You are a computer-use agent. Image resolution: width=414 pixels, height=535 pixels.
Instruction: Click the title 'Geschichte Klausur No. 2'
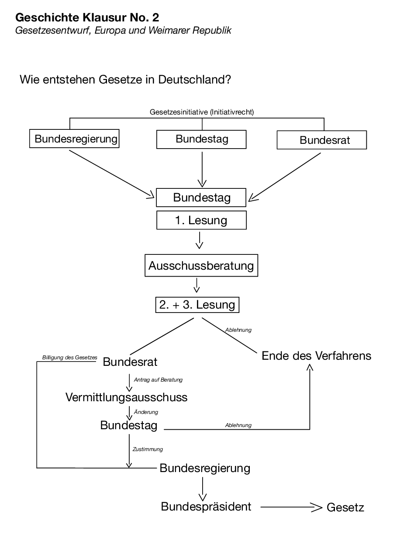87,18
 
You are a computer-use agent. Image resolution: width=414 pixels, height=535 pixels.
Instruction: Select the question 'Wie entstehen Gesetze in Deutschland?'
125,80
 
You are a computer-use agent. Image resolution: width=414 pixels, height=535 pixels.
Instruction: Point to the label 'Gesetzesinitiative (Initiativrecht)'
202,112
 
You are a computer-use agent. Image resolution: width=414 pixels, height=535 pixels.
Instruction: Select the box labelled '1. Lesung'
201,220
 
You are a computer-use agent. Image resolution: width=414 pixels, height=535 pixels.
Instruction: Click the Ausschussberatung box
201,266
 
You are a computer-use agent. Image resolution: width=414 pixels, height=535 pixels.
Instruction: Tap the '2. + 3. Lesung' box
197,305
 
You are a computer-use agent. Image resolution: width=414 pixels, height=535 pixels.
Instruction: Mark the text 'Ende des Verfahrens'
316,356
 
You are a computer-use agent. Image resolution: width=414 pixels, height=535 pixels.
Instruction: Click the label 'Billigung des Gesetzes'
69,358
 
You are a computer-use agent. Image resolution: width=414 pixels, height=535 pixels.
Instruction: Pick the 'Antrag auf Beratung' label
158,380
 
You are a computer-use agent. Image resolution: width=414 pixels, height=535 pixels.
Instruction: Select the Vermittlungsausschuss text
126,397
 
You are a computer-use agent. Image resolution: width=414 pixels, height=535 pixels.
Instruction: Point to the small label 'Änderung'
146,412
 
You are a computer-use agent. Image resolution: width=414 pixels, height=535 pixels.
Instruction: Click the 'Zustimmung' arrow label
148,449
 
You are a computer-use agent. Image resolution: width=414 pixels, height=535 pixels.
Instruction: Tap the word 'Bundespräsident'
206,507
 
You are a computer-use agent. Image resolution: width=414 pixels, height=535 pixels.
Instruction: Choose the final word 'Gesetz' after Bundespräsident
345,507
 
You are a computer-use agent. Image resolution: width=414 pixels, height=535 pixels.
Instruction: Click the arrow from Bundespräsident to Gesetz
290,507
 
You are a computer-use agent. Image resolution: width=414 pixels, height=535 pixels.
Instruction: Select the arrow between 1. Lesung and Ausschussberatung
200,240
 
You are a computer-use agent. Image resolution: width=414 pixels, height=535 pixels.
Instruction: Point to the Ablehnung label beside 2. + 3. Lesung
238,330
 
